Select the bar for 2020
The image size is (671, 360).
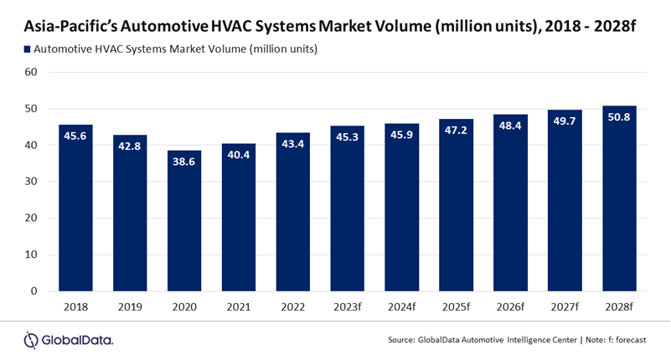(184, 222)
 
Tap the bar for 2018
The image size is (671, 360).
(75, 208)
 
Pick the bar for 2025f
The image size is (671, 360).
(456, 206)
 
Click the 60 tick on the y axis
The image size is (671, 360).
(31, 72)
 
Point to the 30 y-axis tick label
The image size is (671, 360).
(31, 182)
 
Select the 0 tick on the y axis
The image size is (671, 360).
(34, 291)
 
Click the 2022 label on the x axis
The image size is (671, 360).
(293, 307)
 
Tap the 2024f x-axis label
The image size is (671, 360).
(401, 307)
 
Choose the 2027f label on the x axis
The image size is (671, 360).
(565, 307)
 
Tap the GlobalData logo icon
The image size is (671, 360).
(32, 339)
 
